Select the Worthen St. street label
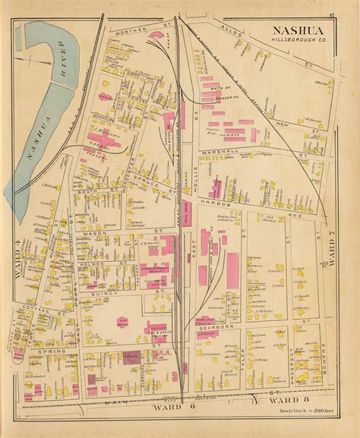131,32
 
